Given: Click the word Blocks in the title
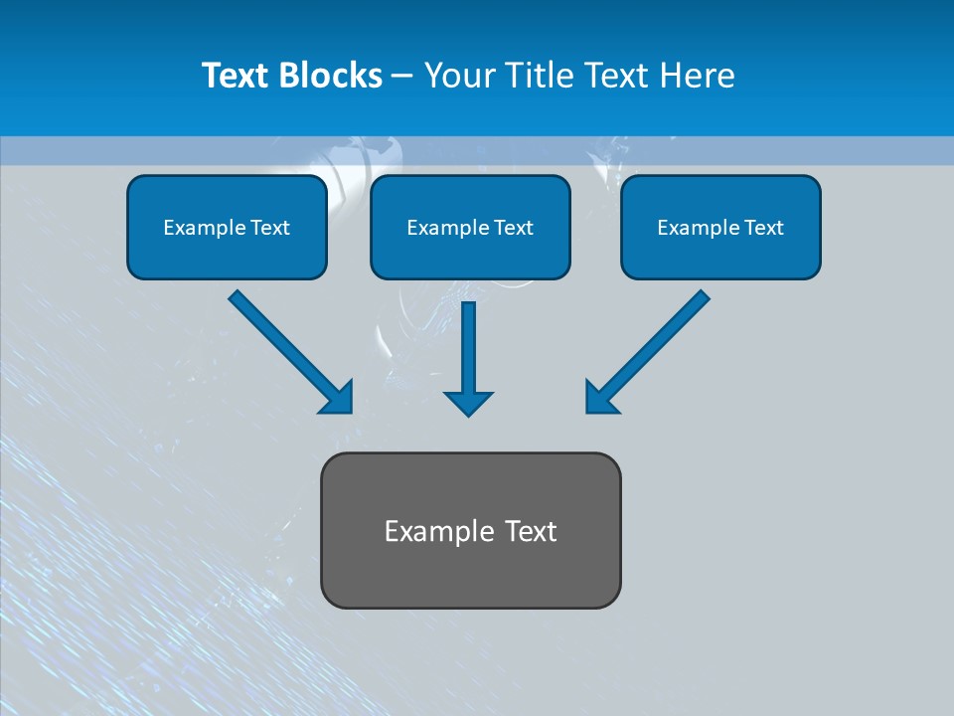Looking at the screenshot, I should coord(334,76).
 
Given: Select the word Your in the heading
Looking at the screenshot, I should coord(457,76).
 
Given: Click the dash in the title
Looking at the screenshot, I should coord(402,76).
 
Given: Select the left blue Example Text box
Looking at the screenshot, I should coord(227,227).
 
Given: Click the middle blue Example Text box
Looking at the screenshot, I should coord(470,227).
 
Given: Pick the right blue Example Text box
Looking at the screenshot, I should coord(720,227).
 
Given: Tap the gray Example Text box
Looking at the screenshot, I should coord(470,530).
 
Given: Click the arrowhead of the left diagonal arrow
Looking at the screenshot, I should coord(339,399).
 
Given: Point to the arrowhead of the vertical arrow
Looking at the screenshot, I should coord(468,403).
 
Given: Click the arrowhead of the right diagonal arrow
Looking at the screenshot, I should coord(599,399).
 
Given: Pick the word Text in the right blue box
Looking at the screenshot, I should coord(763,228).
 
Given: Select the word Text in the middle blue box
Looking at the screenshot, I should coord(513,228).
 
